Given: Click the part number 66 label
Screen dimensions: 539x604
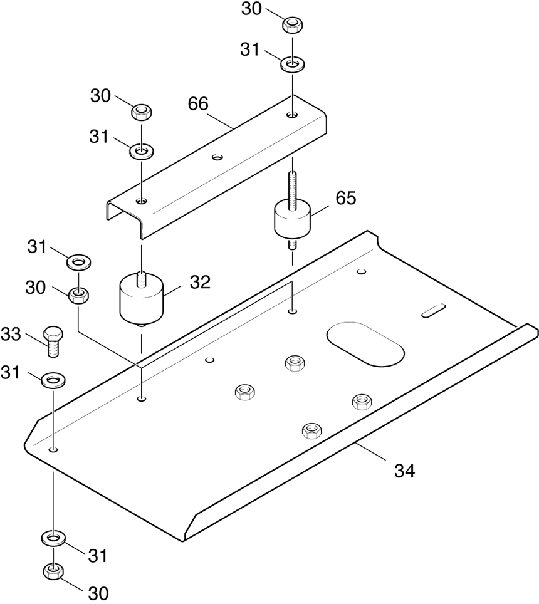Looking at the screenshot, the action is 198,104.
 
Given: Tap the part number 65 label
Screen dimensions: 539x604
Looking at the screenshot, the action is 346,198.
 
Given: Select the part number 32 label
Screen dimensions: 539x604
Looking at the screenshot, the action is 201,283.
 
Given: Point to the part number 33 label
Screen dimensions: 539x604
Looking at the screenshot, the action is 11,335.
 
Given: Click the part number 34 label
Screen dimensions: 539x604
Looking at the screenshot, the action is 404,471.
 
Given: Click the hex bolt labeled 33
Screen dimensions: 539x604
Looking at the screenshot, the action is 54,341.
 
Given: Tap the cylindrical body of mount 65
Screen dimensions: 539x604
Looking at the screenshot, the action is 293,220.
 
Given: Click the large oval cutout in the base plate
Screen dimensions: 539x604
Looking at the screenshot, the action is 365,343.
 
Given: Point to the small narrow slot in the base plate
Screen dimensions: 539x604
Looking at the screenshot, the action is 434,311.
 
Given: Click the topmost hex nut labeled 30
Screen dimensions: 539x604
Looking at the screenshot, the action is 293,26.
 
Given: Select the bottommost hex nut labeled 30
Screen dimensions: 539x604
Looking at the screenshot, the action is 53,571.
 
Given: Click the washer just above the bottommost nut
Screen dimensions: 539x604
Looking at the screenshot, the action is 53,538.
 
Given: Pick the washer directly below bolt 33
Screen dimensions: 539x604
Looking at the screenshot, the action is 53,380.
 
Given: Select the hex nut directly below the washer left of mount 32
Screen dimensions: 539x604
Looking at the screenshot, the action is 78,296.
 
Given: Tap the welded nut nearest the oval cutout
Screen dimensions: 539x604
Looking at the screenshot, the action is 295,363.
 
